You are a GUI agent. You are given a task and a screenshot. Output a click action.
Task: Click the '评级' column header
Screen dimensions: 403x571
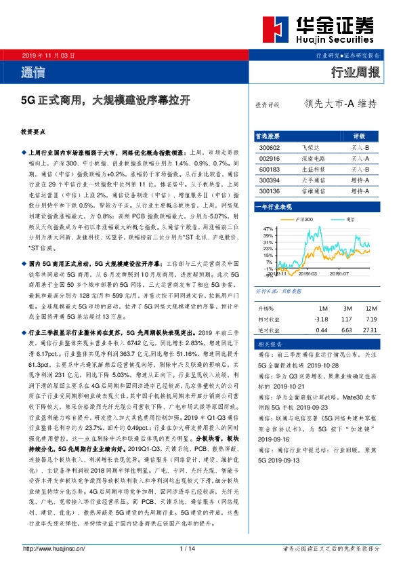359,136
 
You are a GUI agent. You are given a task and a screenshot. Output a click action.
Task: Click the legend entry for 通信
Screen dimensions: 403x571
349,220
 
